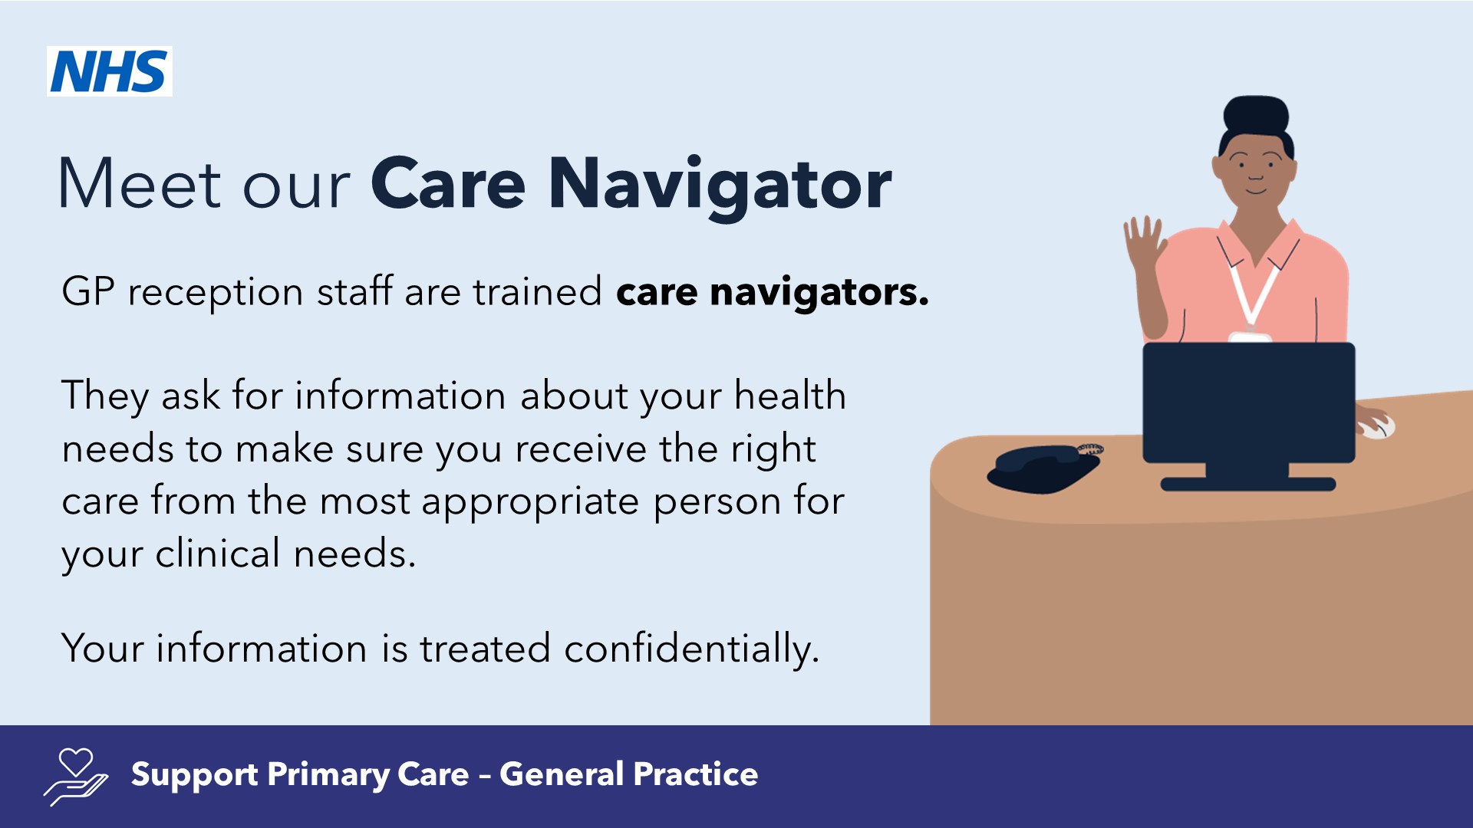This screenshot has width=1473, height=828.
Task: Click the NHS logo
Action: click(110, 71)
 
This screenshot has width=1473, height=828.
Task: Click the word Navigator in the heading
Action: click(720, 185)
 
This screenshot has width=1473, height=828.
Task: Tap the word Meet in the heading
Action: click(140, 185)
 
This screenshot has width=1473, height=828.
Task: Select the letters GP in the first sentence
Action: click(88, 292)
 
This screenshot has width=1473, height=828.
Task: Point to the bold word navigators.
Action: click(819, 293)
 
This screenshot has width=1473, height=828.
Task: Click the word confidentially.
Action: click(691, 649)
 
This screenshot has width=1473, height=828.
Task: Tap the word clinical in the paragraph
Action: click(218, 554)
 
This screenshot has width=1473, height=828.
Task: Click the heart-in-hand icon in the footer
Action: click(76, 777)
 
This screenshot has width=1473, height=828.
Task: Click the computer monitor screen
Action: click(1248, 402)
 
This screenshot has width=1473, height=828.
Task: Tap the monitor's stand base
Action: click(1247, 484)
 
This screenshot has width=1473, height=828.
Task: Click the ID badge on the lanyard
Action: click(1249, 337)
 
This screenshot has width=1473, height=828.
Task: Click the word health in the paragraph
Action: click(789, 396)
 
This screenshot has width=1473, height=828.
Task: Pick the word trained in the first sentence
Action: click(537, 292)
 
